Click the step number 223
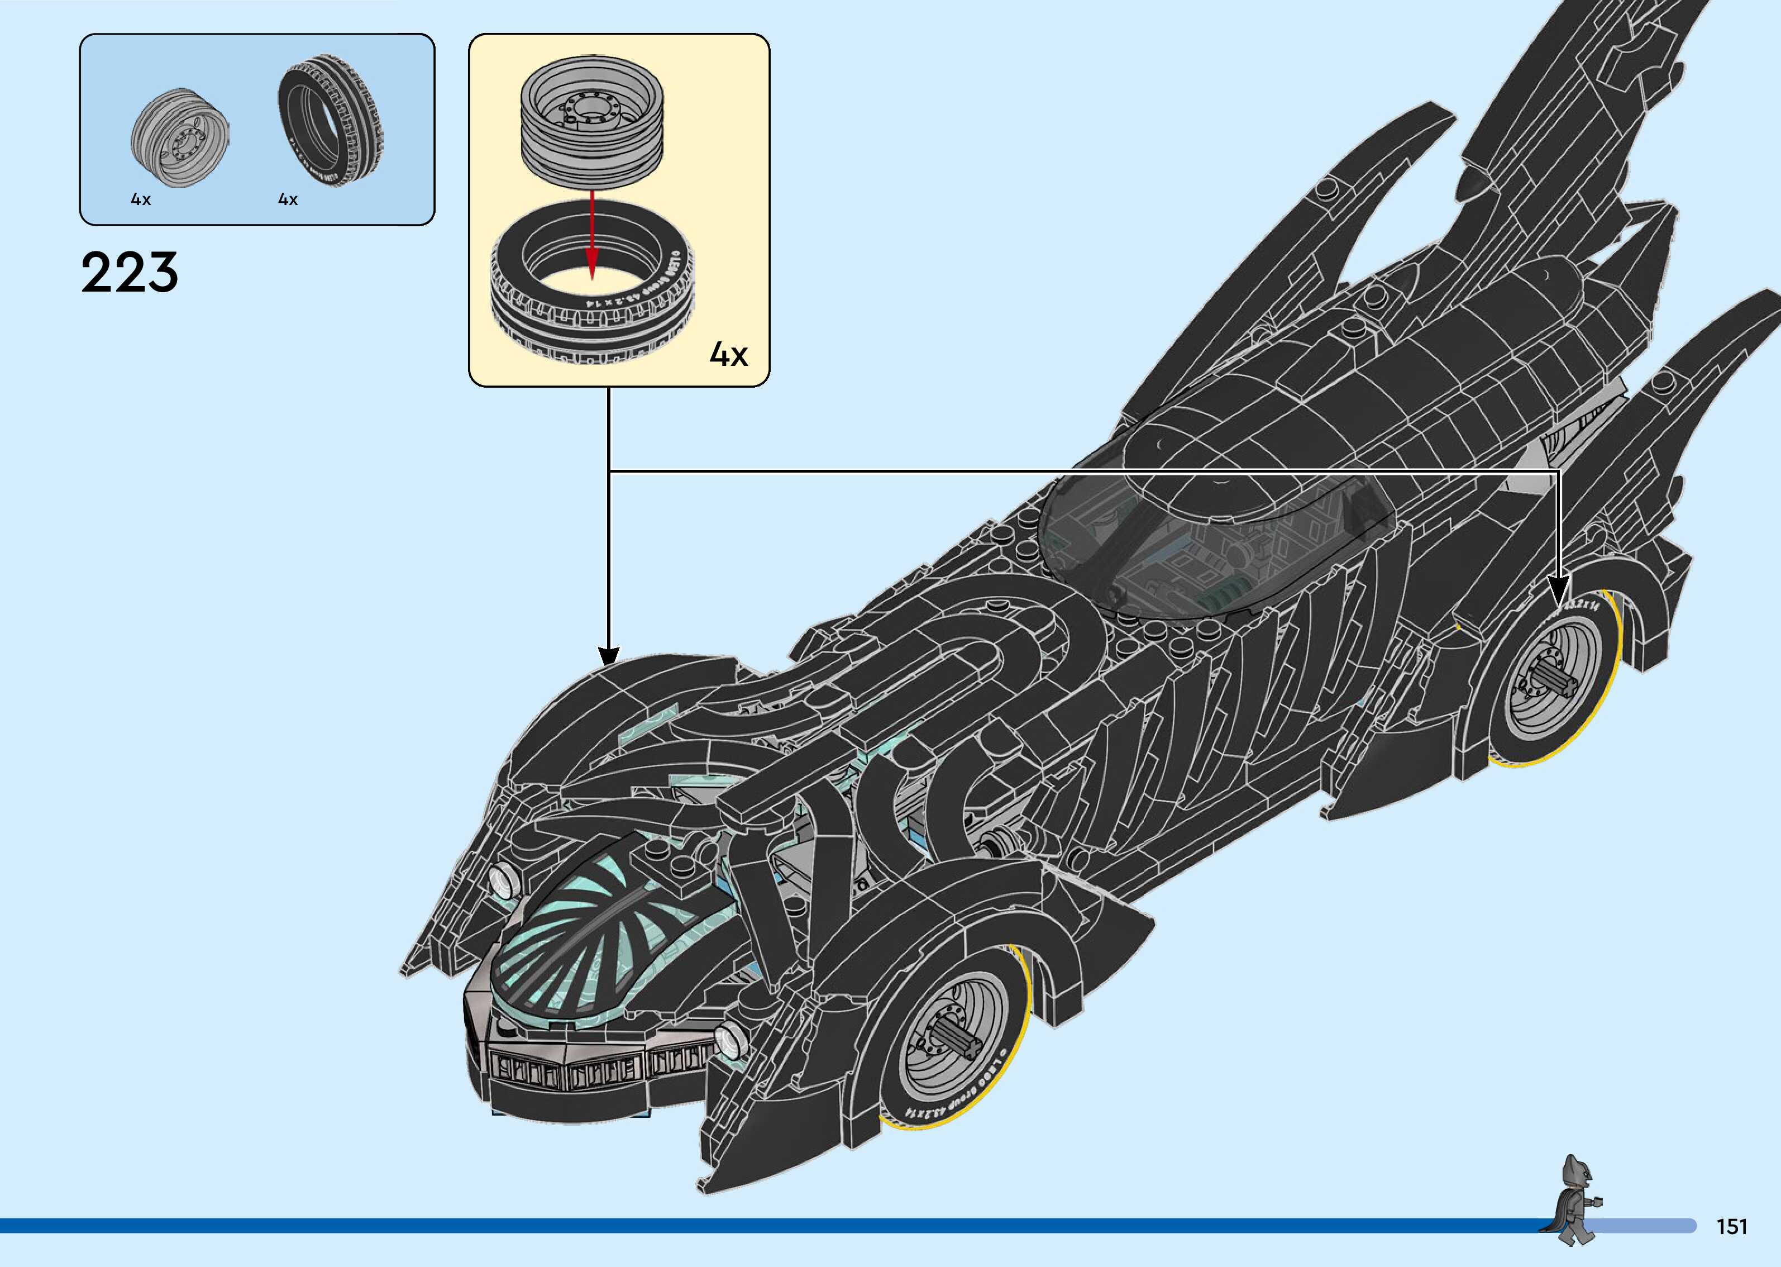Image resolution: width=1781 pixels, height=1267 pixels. click(x=130, y=272)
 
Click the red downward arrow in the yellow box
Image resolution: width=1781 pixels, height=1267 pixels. click(x=593, y=234)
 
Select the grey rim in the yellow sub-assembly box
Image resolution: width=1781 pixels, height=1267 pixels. click(x=593, y=125)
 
